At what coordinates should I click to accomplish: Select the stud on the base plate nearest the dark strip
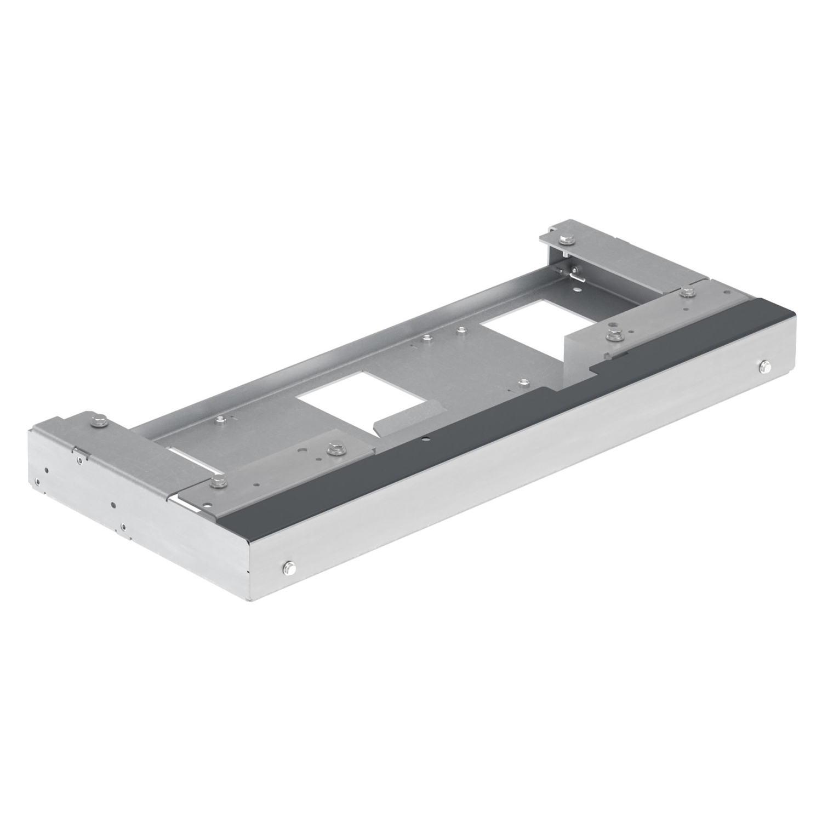[523, 383]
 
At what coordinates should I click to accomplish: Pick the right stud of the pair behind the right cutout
[461, 330]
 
